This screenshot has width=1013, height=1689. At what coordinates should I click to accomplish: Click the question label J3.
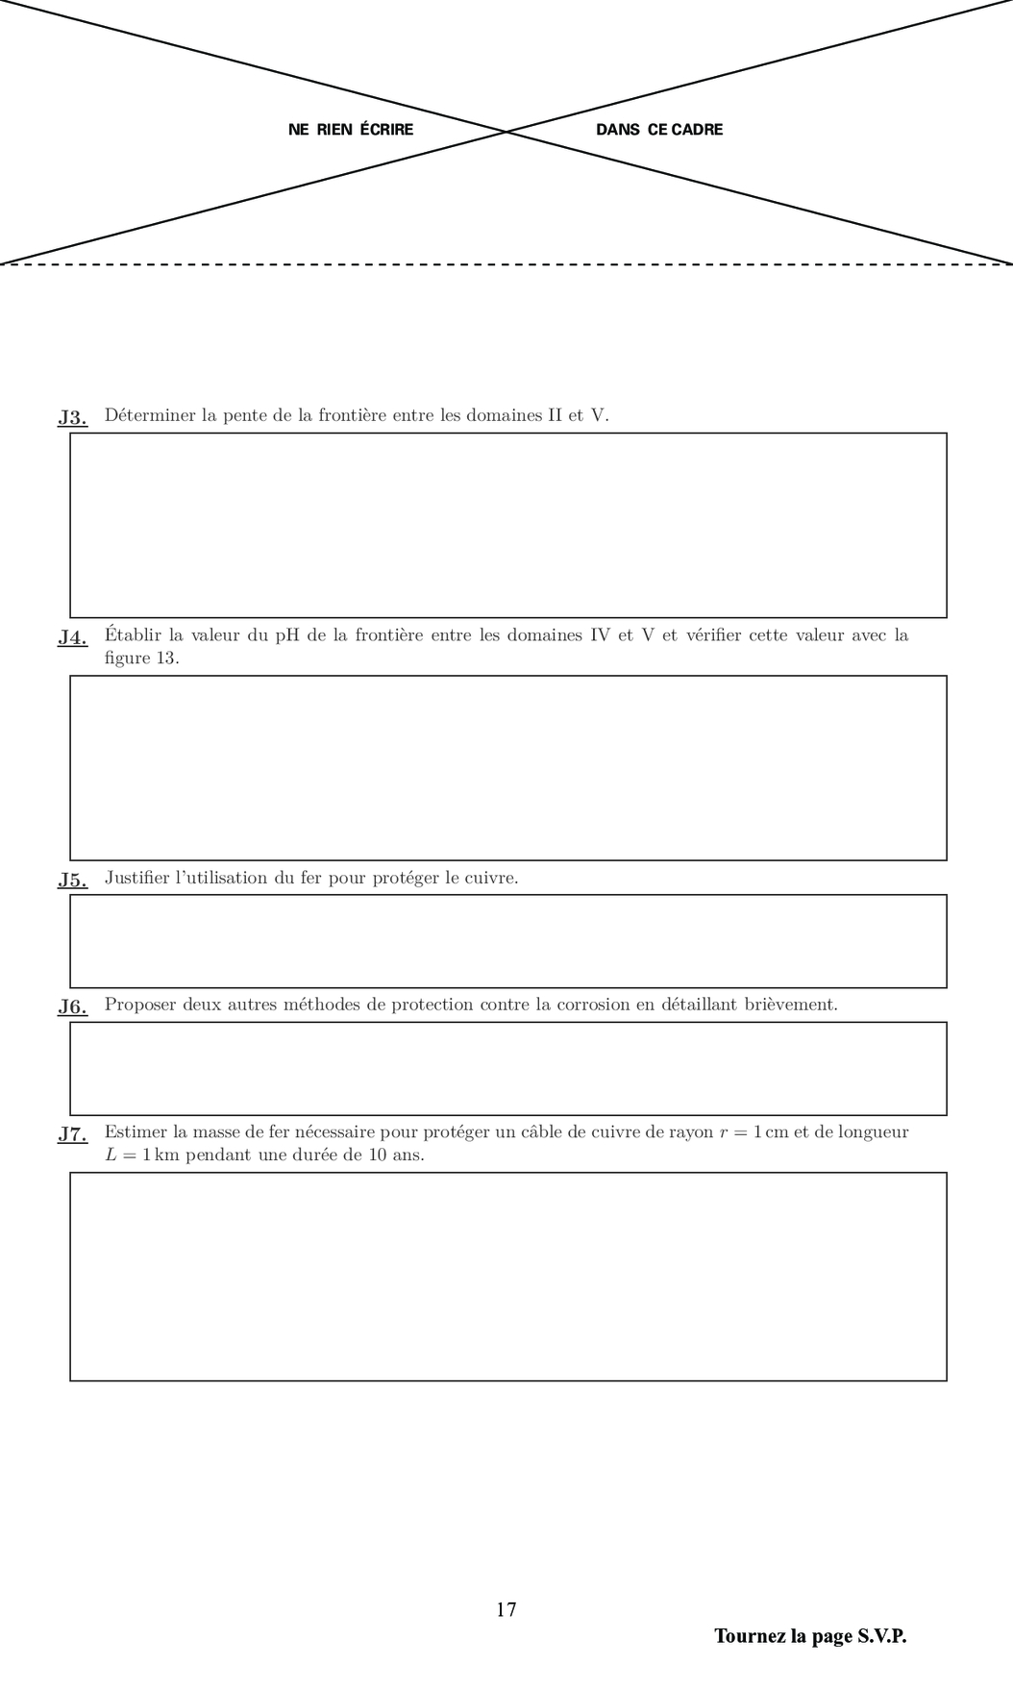coord(72,417)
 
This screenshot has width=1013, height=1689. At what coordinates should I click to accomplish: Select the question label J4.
coord(72,636)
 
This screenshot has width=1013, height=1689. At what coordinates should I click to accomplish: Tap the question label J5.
coord(72,880)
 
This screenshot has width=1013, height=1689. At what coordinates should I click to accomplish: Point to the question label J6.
coord(72,1006)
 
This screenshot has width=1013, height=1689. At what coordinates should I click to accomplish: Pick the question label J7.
coord(72,1133)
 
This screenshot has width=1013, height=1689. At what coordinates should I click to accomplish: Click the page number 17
coord(506,1609)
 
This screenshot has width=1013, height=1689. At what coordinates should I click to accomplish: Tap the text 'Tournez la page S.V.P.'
coord(810,1636)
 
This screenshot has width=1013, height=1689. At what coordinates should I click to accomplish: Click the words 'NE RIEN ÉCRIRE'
coord(351,130)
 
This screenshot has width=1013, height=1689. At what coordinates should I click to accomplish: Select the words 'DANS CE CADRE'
coord(659,130)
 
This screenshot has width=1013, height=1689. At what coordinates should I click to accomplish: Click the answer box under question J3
coord(507,525)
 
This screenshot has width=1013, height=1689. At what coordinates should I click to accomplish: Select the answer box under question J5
coord(507,941)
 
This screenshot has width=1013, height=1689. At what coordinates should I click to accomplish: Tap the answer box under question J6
coord(507,1068)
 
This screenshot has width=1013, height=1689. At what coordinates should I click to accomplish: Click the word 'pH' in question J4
coord(287,635)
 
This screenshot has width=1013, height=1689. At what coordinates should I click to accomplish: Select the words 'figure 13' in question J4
coord(140,658)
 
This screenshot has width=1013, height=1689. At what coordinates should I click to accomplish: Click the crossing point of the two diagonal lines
coord(506,131)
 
